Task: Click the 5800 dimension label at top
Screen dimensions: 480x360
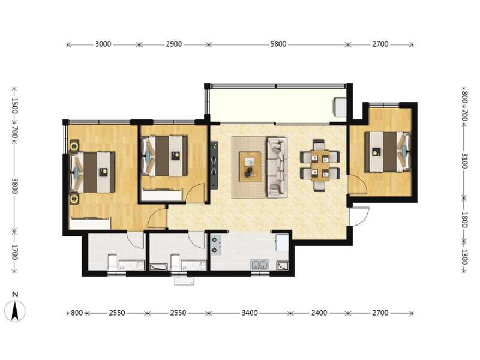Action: [278, 44]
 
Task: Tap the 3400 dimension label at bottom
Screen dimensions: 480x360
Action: [250, 313]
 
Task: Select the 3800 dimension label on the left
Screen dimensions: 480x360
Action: [14, 185]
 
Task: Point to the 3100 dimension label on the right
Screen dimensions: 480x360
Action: [464, 161]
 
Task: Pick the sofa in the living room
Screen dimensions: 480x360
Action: [277, 167]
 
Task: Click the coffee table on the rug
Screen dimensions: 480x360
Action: [250, 167]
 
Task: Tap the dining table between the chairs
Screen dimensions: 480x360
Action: [320, 166]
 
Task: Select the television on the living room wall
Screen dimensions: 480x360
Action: [214, 165]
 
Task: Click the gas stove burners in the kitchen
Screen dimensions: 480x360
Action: [216, 245]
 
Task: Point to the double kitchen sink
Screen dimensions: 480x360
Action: [260, 265]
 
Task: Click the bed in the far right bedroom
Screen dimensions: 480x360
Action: [387, 152]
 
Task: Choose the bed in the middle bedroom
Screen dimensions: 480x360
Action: [164, 156]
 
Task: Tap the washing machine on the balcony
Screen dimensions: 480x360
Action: [340, 107]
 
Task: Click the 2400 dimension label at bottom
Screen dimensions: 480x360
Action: [319, 313]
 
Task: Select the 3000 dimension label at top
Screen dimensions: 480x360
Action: [103, 44]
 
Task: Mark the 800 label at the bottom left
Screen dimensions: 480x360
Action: [77, 313]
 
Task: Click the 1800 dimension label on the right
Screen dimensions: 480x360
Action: [464, 220]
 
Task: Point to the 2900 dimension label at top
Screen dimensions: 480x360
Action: [174, 44]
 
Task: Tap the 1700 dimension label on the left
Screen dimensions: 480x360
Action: [14, 252]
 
